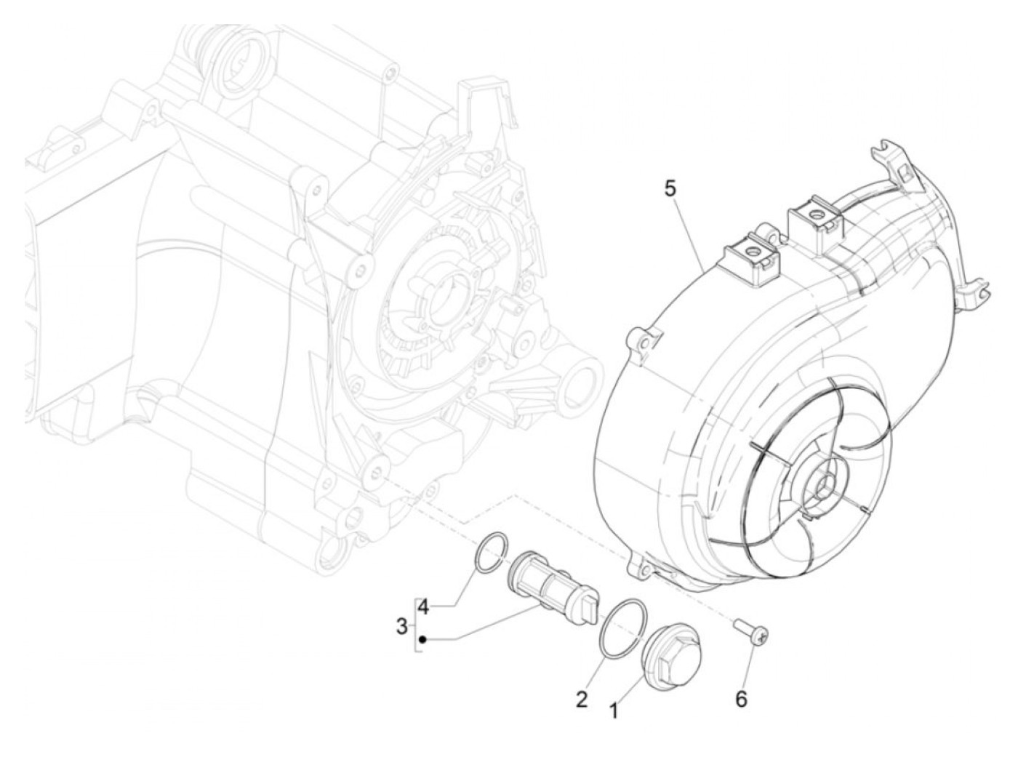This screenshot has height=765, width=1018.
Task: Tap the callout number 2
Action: (x=581, y=700)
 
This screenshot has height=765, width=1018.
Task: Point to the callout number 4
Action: (x=423, y=606)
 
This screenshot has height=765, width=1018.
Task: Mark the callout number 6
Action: (x=741, y=699)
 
